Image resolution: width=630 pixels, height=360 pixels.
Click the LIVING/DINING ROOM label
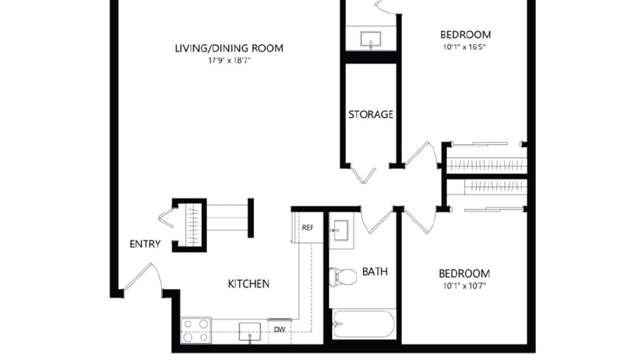[229, 49]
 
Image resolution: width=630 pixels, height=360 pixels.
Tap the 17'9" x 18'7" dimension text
[229, 61]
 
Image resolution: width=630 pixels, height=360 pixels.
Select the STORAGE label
[371, 115]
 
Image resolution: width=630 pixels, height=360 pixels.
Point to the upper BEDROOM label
[465, 34]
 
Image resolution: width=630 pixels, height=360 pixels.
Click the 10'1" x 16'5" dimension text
[465, 47]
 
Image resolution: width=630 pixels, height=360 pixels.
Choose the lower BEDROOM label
[464, 274]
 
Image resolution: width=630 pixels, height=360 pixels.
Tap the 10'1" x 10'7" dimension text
[464, 286]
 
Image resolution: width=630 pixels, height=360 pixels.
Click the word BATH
[375, 271]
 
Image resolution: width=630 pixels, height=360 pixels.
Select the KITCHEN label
[248, 284]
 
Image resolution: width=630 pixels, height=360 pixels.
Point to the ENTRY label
[146, 245]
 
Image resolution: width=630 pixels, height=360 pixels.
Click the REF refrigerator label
[307, 228]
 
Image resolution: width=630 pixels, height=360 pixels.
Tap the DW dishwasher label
[279, 328]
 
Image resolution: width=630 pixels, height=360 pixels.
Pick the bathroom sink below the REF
[342, 230]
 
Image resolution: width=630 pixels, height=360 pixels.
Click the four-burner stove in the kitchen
[195, 330]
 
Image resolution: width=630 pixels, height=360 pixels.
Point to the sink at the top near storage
[371, 39]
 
